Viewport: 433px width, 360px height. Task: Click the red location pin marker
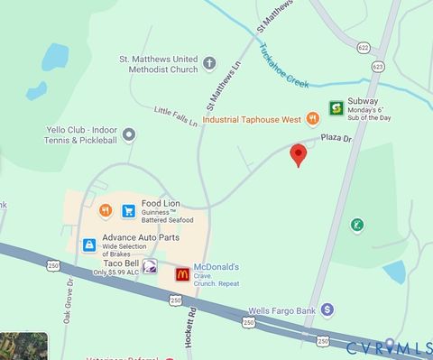tap(298, 155)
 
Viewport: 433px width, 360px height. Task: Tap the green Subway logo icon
tap(335, 107)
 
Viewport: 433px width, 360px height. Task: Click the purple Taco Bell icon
tap(151, 266)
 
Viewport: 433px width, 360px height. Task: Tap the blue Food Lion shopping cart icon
tap(129, 210)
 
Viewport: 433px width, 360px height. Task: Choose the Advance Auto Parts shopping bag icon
tap(88, 244)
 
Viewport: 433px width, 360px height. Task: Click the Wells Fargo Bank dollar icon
tap(327, 309)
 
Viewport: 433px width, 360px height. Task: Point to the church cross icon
tap(210, 63)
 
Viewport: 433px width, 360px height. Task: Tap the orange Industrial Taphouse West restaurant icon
tap(312, 117)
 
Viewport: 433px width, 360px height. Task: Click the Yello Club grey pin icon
tap(129, 135)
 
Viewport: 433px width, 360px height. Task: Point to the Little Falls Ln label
tap(175, 116)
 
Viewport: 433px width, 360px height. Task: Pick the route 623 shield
tap(376, 66)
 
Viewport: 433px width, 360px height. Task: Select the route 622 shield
tap(363, 47)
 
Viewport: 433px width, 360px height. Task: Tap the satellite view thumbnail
tap(23, 346)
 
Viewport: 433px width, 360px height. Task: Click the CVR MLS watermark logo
tap(388, 346)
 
